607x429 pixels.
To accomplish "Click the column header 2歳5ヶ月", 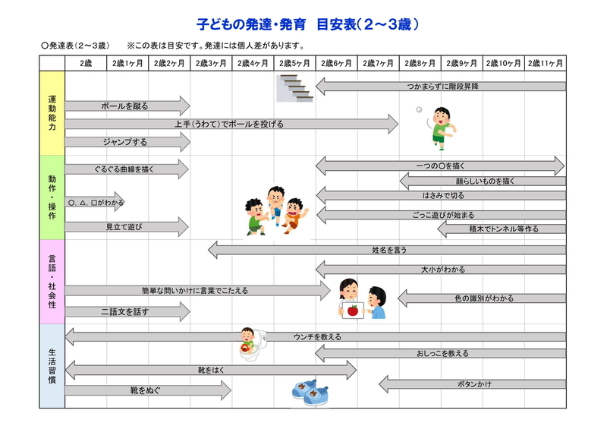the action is [x=294, y=63].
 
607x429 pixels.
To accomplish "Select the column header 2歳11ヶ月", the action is [x=545, y=63].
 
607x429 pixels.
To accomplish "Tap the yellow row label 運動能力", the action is [x=52, y=113].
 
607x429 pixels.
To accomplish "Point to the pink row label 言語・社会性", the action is [x=52, y=282].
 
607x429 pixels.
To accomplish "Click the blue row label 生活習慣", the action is [x=52, y=366].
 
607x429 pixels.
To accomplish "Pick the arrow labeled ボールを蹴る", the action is [x=127, y=106].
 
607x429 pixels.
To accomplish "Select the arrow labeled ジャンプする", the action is [x=127, y=142].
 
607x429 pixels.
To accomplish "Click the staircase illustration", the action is [x=294, y=88].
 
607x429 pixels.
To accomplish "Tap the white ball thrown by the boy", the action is [x=419, y=109].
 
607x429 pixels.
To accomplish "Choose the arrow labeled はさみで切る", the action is [x=441, y=195].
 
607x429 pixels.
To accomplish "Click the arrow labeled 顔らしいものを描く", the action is [x=483, y=181].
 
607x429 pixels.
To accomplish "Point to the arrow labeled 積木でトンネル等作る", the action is [x=502, y=229].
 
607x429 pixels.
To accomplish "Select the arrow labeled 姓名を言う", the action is [x=387, y=250].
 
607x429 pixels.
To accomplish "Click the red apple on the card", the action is [x=353, y=311].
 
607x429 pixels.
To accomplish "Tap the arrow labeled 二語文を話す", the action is [x=127, y=311].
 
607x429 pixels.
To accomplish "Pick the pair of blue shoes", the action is [x=310, y=393].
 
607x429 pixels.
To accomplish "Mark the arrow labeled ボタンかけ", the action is [x=472, y=384].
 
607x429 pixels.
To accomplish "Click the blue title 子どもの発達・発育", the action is [x=251, y=24].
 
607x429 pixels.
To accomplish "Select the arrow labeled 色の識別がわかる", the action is [x=482, y=298].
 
